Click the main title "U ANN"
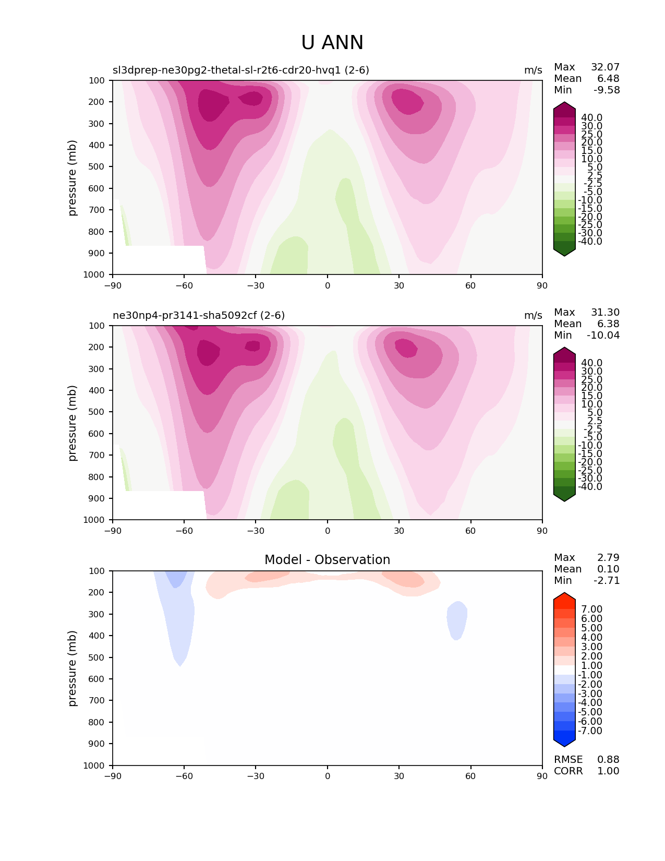332,43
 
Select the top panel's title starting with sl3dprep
241,70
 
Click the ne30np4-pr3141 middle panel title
199,316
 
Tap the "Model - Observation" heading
327,560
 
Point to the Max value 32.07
605,67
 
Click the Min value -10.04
603,336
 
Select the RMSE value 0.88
608,760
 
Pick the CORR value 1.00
608,771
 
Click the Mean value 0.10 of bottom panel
608,569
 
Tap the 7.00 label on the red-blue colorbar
591,609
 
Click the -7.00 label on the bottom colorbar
590,731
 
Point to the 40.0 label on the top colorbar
591,118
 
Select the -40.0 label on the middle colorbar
590,487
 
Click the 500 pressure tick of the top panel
98,167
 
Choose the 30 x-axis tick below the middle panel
399,531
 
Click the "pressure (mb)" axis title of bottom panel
72,668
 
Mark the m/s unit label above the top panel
533,70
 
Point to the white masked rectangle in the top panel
159,259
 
